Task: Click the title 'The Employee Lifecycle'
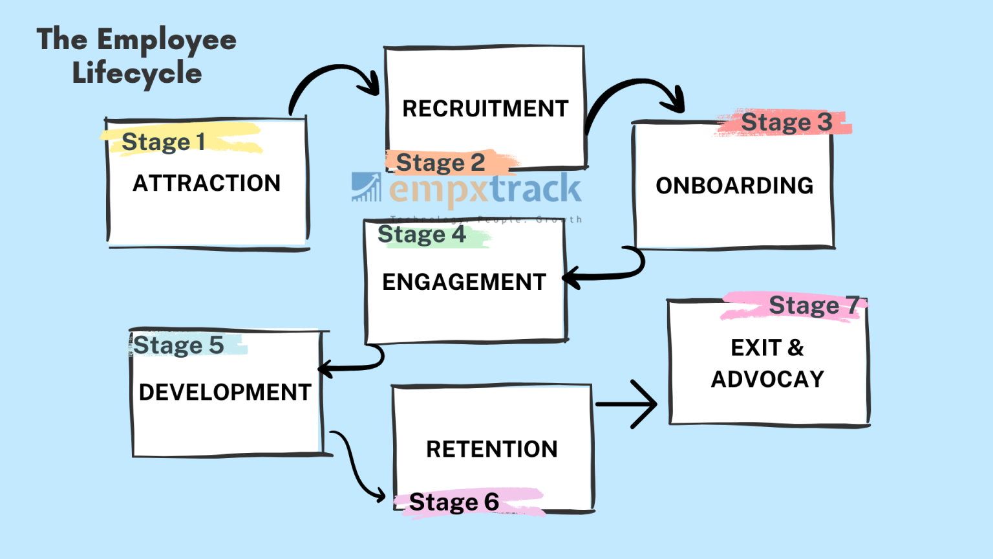coord(136,56)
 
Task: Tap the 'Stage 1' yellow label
coord(164,142)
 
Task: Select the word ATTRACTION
coord(206,183)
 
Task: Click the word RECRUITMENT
coord(485,109)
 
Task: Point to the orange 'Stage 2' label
coord(440,163)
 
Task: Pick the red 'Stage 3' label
coord(786,122)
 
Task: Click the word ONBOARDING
coord(734,186)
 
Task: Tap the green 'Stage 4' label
coord(422,234)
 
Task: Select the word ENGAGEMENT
coord(464,282)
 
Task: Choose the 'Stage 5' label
coord(178,345)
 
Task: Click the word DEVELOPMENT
coord(225,392)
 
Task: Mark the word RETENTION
coord(491,449)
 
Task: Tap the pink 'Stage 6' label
coord(454,502)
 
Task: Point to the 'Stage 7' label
coord(813,305)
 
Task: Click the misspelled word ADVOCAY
coord(767,379)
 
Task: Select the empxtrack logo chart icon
coord(367,187)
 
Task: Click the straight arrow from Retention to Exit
coord(626,404)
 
